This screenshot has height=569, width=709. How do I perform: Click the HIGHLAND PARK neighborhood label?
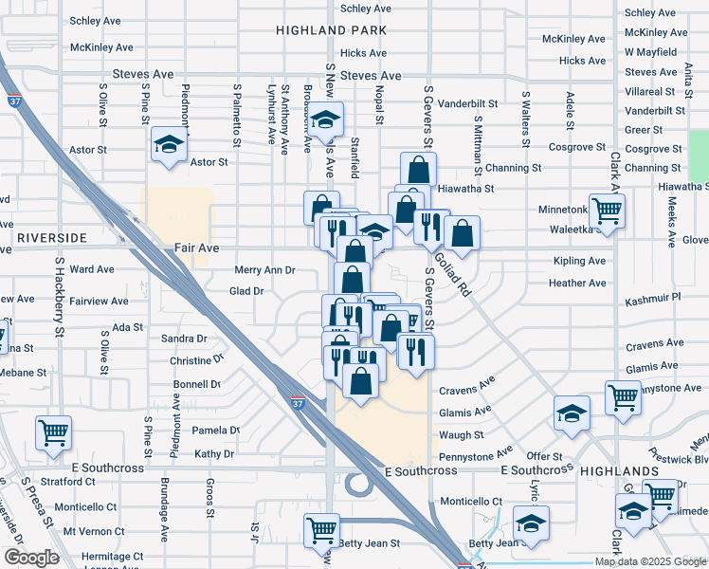[x=332, y=30]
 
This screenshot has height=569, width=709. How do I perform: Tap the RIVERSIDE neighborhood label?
[x=51, y=236]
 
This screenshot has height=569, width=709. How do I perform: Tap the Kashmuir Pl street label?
[x=653, y=298]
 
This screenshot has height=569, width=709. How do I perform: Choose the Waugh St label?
[x=462, y=434]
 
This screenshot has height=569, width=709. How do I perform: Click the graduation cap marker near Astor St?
[x=169, y=145]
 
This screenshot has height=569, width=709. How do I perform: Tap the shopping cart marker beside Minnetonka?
[x=607, y=210]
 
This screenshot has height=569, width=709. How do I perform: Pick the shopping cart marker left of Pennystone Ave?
[x=623, y=398]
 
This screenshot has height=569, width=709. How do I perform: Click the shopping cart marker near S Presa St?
[x=54, y=433]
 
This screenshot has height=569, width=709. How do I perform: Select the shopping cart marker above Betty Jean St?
[x=322, y=529]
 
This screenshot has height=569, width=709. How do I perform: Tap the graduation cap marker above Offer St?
[x=573, y=413]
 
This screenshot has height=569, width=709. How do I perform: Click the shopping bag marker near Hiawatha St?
[x=418, y=171]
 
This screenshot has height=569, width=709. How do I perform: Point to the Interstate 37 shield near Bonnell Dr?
[x=298, y=404]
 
